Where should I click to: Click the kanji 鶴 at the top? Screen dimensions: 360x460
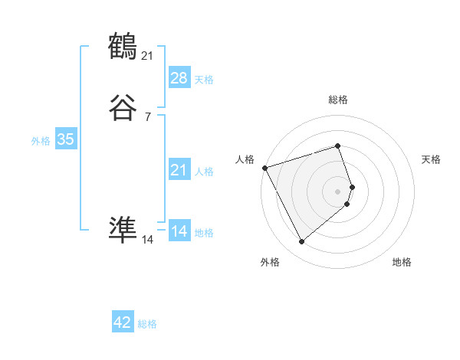[123, 47]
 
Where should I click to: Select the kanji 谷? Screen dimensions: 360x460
[123, 108]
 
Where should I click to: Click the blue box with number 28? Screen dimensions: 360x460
[179, 78]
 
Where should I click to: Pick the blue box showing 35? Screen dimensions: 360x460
[65, 140]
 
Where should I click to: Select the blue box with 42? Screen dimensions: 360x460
[123, 322]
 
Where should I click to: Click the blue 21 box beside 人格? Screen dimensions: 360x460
[179, 171]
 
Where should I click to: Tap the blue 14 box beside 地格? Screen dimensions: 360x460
[179, 231]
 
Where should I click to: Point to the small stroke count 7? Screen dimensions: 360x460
[148, 116]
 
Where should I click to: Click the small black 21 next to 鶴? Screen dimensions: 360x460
[148, 54]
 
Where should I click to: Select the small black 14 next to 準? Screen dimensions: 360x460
[148, 239]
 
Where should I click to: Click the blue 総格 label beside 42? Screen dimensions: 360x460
[147, 324]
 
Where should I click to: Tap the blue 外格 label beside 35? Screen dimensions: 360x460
[41, 141]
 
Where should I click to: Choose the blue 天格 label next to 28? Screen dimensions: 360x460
[204, 79]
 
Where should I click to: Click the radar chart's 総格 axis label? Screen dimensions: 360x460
[337, 100]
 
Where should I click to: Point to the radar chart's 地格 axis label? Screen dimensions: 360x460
[402, 262]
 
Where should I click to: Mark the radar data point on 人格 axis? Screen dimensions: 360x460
[264, 167]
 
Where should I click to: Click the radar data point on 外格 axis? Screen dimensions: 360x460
[302, 242]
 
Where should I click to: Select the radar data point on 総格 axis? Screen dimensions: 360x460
[337, 146]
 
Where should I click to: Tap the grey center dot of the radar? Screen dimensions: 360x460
[337, 190]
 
